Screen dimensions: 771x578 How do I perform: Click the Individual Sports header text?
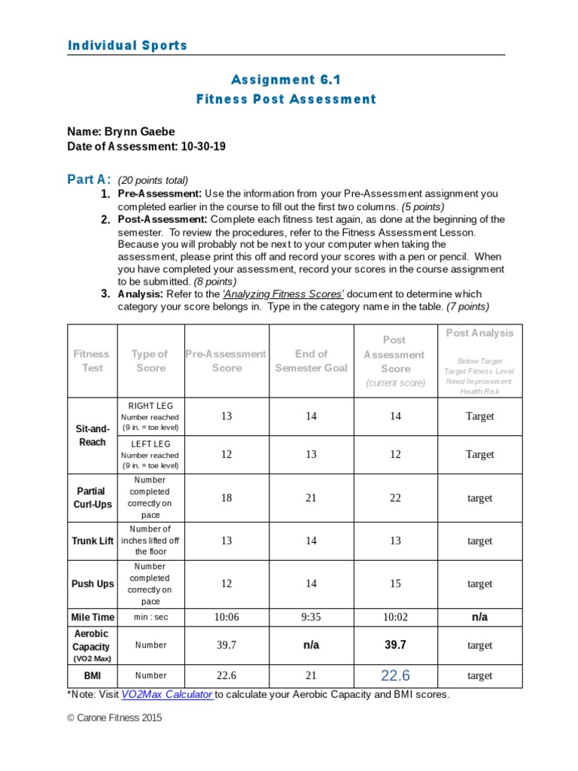[127, 46]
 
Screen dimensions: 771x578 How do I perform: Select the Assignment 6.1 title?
[286, 80]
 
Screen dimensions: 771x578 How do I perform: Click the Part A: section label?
[89, 179]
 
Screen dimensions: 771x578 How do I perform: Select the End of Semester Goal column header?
[311, 361]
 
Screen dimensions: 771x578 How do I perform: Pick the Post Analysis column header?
[479, 333]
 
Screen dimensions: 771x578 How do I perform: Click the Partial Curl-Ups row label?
[92, 498]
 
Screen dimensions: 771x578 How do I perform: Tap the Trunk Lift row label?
[93, 541]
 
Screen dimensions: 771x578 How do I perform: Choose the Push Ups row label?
[93, 584]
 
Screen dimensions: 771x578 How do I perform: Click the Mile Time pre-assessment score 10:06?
[227, 617]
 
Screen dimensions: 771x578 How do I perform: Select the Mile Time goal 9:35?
[311, 617]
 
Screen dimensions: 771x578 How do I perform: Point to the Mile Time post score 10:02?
[395, 617]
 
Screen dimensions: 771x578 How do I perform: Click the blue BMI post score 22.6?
[395, 675]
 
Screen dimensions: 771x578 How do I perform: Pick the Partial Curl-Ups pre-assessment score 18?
[227, 498]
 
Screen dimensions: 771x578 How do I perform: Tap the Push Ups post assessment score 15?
[395, 584]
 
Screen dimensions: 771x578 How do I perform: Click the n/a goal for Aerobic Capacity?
[311, 645]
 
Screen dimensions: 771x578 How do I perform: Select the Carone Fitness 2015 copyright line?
[114, 718]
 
